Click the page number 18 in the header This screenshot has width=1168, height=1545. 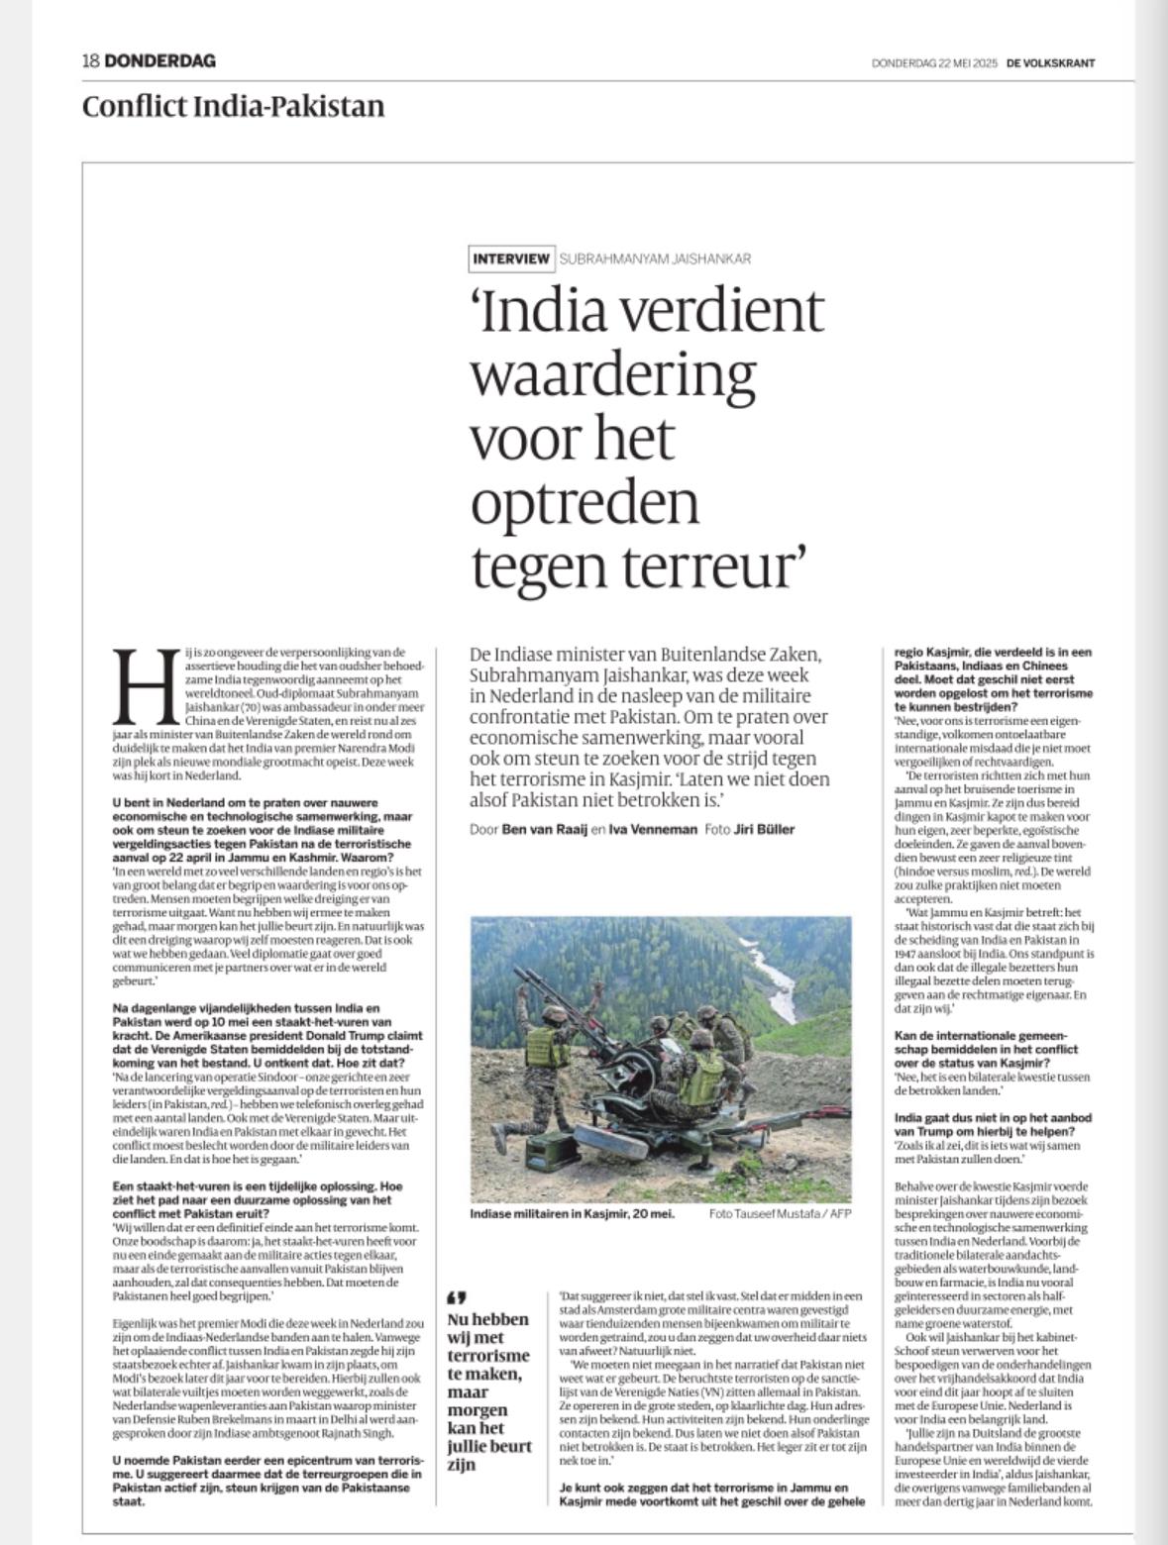pyautogui.click(x=90, y=61)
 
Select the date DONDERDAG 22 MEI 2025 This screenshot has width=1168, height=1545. pyautogui.click(x=934, y=63)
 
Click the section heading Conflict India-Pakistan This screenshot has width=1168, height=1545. pyautogui.click(x=233, y=106)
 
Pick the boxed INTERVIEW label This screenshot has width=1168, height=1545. pyautogui.click(x=510, y=258)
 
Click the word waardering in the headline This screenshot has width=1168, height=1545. pyautogui.click(x=612, y=374)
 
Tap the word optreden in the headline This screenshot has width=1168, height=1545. pyautogui.click(x=584, y=502)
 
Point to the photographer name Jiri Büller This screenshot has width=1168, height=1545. pyautogui.click(x=764, y=829)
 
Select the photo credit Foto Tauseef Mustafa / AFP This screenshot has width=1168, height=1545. pyautogui.click(x=780, y=1213)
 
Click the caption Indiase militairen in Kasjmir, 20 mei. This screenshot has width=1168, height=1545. pyautogui.click(x=572, y=1213)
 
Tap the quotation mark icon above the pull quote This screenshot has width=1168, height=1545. pyautogui.click(x=458, y=1297)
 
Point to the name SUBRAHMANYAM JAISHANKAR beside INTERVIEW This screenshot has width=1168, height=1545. pyautogui.click(x=655, y=258)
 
